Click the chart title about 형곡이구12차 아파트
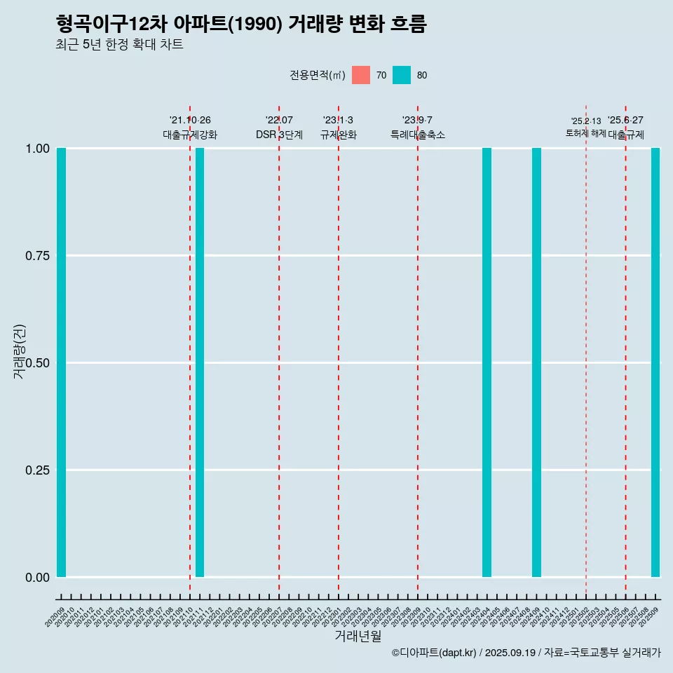click(x=241, y=24)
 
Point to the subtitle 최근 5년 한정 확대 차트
click(x=119, y=45)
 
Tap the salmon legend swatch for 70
click(x=361, y=75)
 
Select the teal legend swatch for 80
click(x=402, y=75)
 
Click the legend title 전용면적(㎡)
click(x=317, y=75)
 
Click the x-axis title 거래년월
click(x=358, y=637)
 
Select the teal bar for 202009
click(x=61, y=362)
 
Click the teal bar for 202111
click(x=200, y=362)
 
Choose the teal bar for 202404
click(x=487, y=362)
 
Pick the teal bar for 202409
click(x=536, y=362)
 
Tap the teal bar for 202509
click(x=655, y=362)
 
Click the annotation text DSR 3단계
click(x=279, y=135)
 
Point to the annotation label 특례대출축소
click(x=418, y=135)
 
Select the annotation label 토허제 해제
click(x=585, y=133)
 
